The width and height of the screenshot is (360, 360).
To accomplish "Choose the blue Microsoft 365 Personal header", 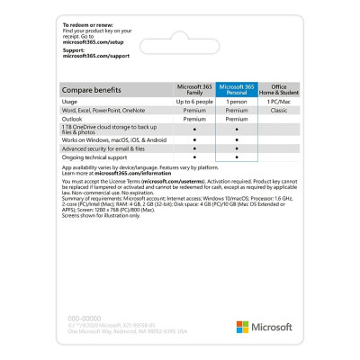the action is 237,88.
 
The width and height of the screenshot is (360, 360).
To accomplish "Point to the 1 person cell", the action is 237,102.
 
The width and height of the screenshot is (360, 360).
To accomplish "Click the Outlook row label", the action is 75,119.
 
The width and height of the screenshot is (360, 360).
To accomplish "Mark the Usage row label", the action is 71,102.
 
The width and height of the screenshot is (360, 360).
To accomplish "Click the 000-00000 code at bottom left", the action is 76,317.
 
